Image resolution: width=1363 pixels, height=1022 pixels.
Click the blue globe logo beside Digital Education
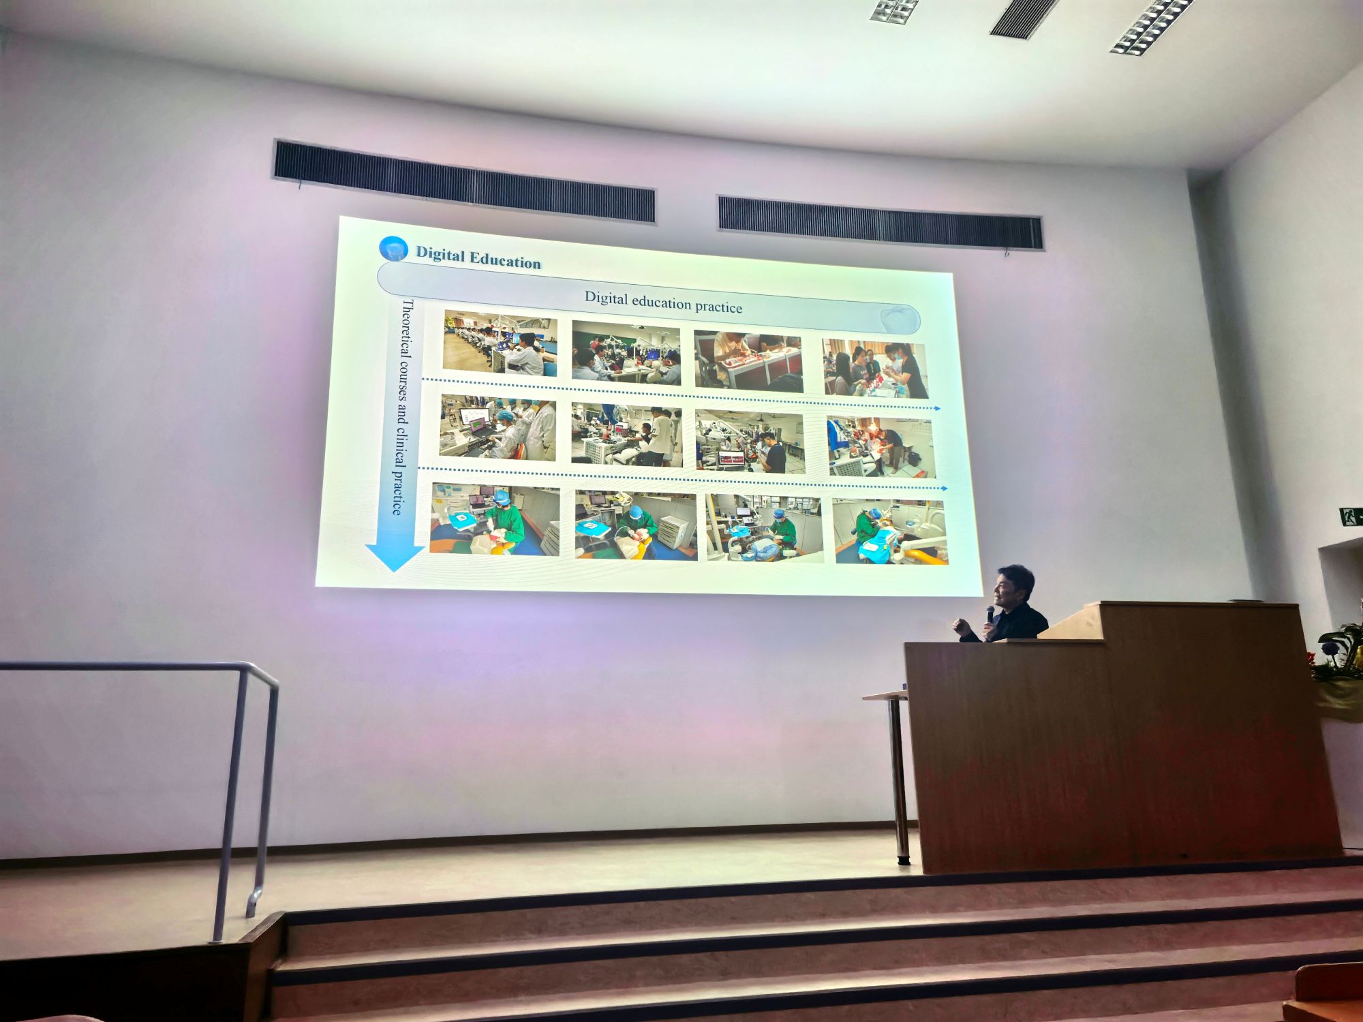[x=393, y=249]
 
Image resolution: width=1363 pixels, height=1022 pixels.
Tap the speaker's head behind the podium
[x=1013, y=586]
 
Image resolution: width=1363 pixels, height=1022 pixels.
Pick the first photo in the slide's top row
[x=500, y=343]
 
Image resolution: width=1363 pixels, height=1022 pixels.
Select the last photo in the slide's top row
[x=874, y=369]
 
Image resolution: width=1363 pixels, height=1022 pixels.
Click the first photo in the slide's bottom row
[x=495, y=519]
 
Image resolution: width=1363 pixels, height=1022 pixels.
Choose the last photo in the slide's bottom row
[x=891, y=531]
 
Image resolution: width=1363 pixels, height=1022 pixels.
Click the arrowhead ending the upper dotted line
[x=937, y=408]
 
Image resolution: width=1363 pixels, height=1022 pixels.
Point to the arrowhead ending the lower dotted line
[x=944, y=489]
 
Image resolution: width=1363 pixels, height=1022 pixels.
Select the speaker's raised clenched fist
[x=962, y=627]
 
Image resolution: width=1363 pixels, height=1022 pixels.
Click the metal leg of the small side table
[x=899, y=780]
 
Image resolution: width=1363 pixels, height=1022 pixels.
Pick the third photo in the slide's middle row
[x=750, y=442]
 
